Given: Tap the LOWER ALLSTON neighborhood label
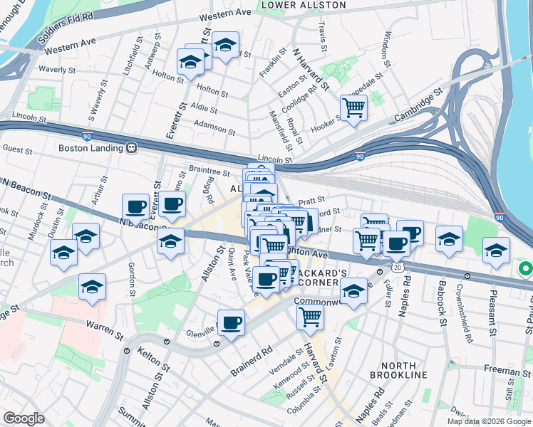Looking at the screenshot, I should point(304,5).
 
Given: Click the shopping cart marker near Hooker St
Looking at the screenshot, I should point(353,109).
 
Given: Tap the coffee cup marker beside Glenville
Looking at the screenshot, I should point(230,323).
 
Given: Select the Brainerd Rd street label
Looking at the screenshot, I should point(252,361).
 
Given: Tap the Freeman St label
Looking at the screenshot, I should point(507,369).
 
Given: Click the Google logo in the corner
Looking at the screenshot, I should point(24,418).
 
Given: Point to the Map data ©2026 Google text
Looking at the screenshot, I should point(489,421).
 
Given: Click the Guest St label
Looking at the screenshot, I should point(18,150).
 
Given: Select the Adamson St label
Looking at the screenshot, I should point(214,128).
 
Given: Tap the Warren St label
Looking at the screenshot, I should point(100,326).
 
